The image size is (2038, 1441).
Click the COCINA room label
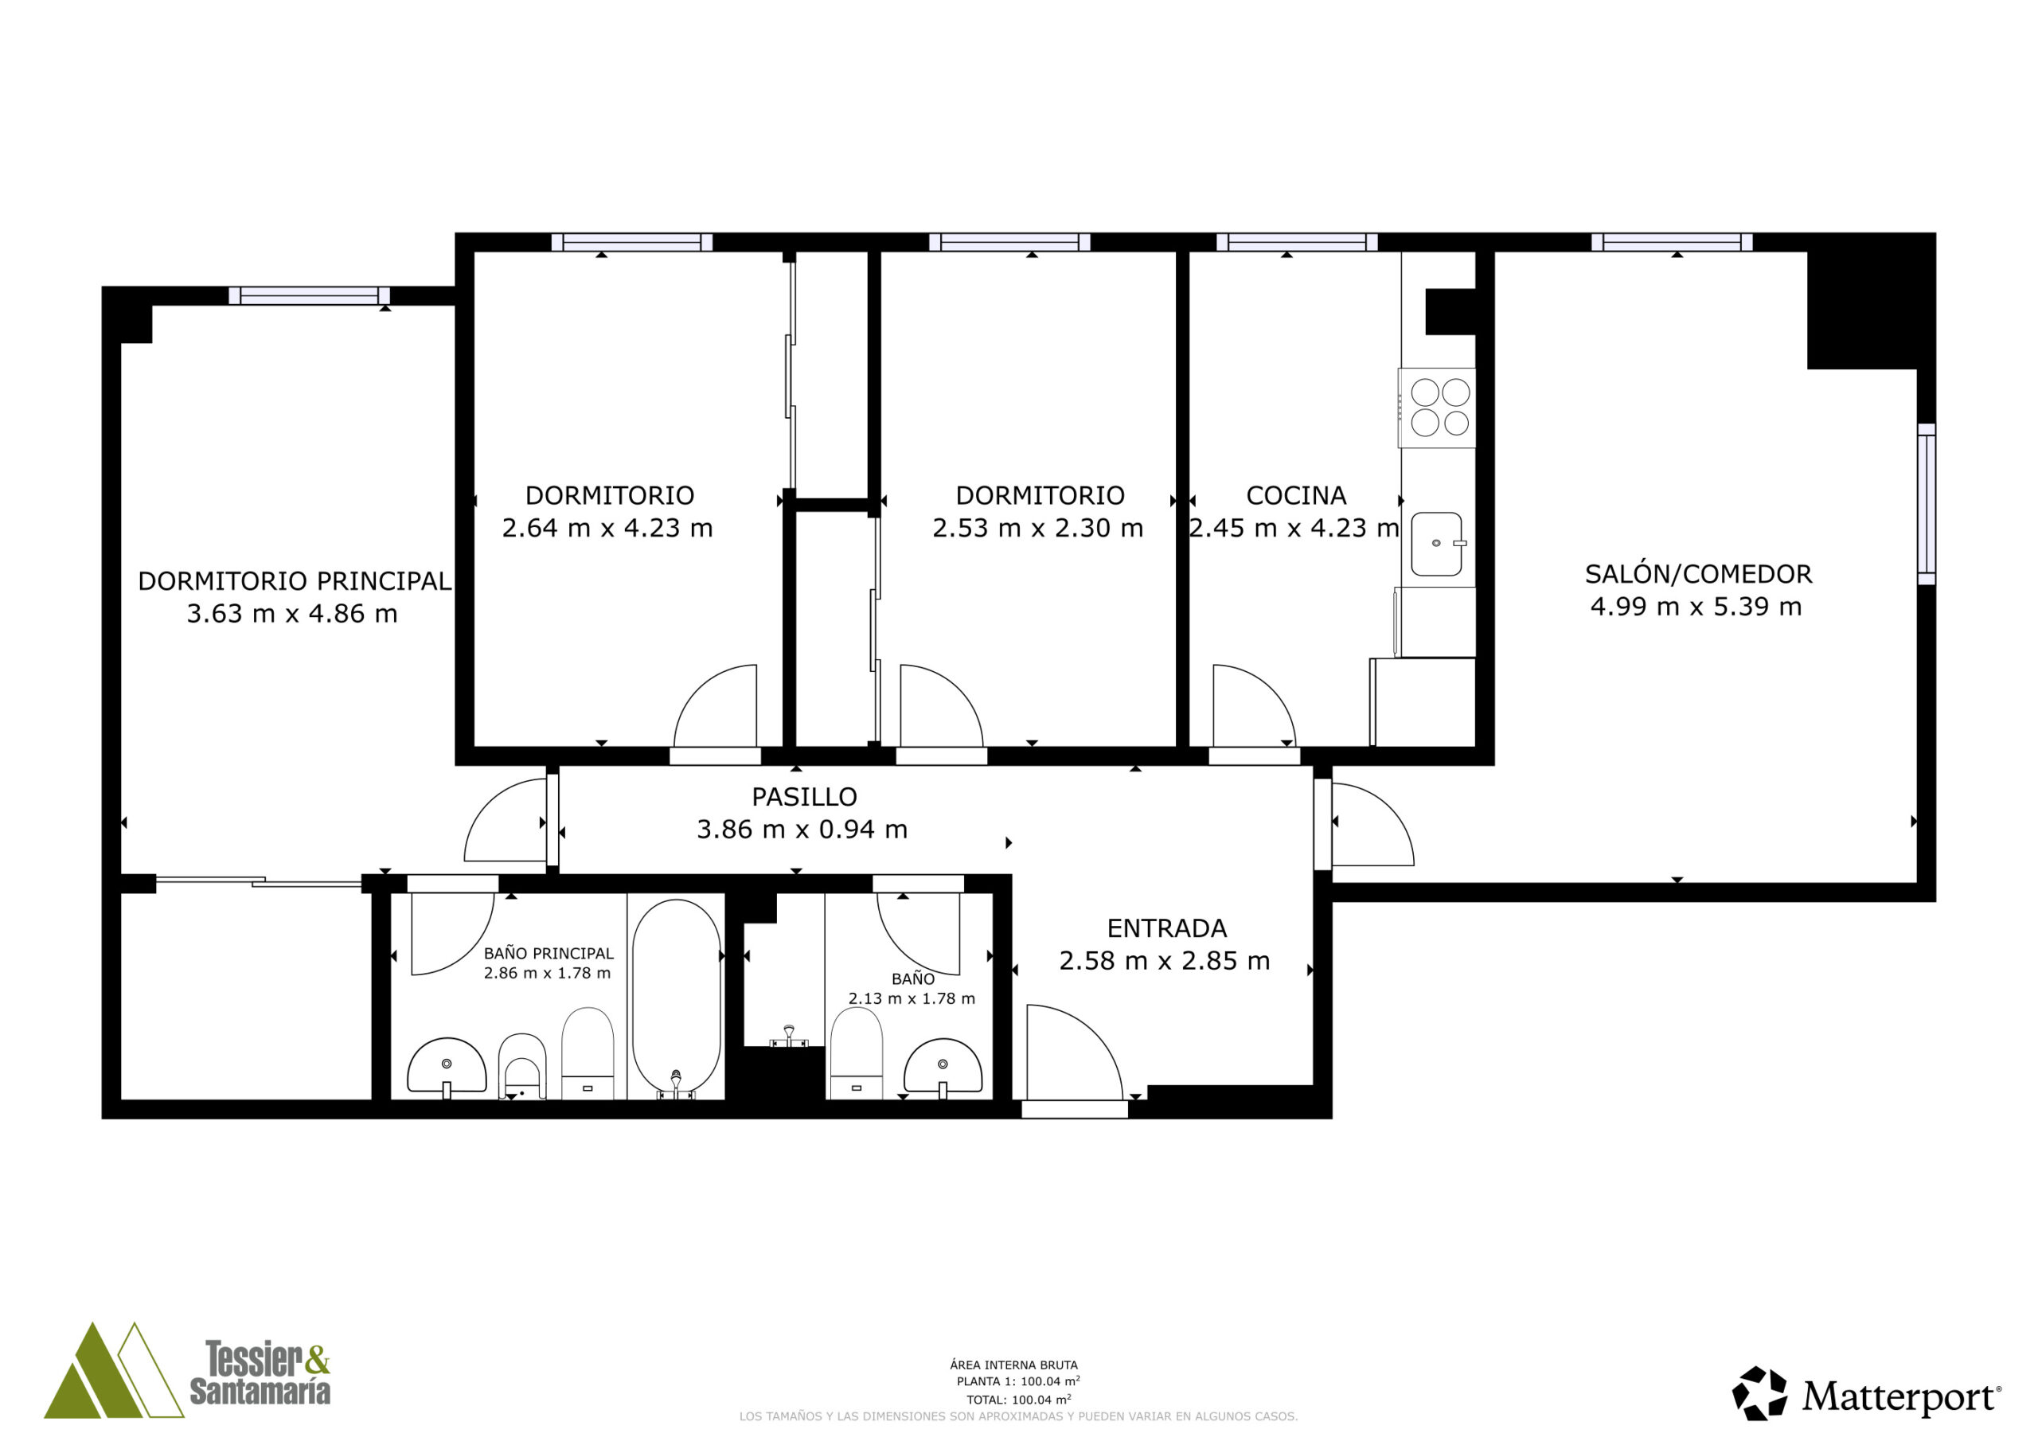coord(1296,495)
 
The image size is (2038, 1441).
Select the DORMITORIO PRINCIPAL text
coord(295,581)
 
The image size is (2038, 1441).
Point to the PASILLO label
coord(804,796)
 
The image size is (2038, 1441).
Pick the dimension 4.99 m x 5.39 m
coord(1696,607)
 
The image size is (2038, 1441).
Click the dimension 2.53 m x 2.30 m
coord(1037,529)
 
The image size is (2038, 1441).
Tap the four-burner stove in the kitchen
coord(1437,408)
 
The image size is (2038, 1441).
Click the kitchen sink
coord(1437,544)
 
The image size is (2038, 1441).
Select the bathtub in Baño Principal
coord(677,997)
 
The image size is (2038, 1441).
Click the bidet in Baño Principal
coord(522,1065)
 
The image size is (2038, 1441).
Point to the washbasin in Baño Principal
coord(447,1066)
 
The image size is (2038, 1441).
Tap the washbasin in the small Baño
coord(943,1067)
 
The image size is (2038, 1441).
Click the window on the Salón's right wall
coord(1927,503)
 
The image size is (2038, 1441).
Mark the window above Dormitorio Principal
coord(309,295)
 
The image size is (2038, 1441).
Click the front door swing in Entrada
coord(1074,1053)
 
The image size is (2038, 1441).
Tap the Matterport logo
coord(1867,1393)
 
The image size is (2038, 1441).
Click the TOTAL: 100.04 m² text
coord(1018,1400)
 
